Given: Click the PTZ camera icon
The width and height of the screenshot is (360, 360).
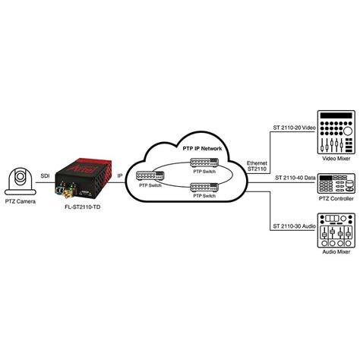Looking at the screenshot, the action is pos(21,180).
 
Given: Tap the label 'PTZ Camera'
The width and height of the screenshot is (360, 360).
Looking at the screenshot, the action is pos(21,201).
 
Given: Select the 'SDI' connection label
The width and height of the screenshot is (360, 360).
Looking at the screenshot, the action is pos(45,176).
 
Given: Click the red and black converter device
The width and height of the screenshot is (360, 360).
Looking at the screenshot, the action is pos(84,180).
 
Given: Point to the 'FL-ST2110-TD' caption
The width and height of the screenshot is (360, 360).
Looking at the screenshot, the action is pos(83,207).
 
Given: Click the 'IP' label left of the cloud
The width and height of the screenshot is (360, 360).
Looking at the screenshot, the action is pos(120,176).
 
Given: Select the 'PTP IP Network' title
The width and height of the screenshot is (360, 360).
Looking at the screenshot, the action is pos(202,148).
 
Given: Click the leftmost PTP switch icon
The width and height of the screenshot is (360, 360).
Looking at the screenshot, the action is pos(150,176).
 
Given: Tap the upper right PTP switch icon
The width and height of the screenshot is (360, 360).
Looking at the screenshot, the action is pos(204,163).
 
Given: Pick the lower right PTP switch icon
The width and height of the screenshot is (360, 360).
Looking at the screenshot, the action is pos(204,188).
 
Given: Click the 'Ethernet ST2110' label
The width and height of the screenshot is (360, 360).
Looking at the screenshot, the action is pos(257,166).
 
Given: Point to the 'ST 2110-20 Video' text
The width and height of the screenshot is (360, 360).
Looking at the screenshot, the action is pos(294,128).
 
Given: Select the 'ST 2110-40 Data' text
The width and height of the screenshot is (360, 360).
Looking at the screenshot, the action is pos(295,178).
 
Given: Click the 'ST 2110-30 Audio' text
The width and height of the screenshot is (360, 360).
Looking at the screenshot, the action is pos(294,226).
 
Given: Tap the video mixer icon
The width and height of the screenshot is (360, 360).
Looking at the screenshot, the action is pos(336,132).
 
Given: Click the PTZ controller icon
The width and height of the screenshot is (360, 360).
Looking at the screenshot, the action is pos(336,184).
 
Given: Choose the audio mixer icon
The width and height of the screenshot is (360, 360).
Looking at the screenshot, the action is pos(336,230).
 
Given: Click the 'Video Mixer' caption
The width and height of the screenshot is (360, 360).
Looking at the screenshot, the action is pos(336,159).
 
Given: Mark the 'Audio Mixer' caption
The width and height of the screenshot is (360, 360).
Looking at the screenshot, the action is pos(336,252).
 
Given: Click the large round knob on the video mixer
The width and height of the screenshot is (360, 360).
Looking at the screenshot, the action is pos(348,131).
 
